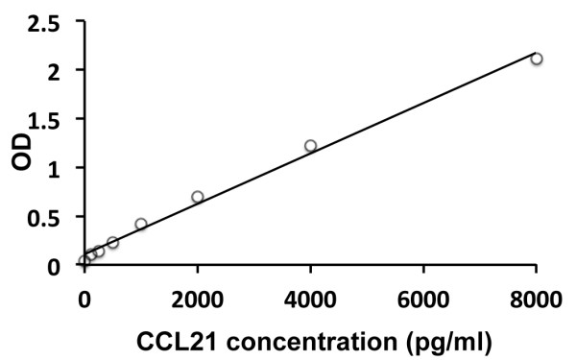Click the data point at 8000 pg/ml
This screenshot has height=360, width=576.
click(x=537, y=59)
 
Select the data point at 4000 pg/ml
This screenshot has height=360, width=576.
click(x=310, y=146)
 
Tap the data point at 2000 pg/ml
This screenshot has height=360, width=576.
click(x=198, y=197)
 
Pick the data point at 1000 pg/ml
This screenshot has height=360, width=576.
click(x=141, y=224)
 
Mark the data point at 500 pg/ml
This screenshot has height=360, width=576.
click(x=112, y=243)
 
